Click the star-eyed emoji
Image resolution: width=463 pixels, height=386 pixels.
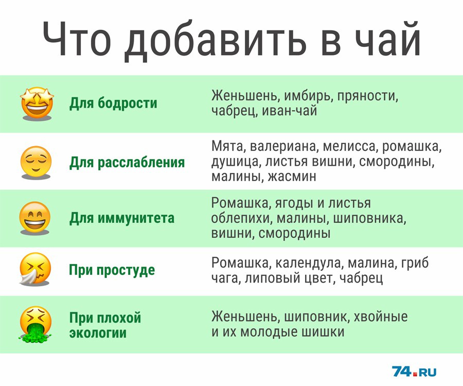point(37,103)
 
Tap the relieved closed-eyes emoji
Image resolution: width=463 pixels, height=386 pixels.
point(35,162)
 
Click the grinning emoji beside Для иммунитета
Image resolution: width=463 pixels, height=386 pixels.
point(35,218)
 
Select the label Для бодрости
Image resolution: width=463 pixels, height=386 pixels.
point(113,103)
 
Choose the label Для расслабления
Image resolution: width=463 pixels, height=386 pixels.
point(127,163)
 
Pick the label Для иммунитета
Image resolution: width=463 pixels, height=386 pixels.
point(121,218)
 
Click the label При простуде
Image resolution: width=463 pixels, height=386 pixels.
point(112,270)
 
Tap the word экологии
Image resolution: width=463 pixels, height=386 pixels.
point(98,333)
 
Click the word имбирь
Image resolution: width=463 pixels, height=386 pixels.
point(309,96)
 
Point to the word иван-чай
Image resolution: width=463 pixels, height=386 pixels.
point(289,111)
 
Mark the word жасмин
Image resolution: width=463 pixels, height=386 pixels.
point(292,177)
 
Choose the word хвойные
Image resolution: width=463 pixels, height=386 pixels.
point(381,317)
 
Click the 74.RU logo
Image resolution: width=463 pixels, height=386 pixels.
point(414,371)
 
